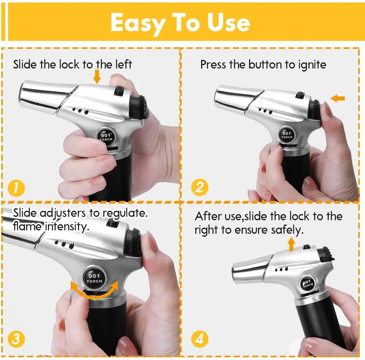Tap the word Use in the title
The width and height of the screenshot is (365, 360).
tap(228, 23)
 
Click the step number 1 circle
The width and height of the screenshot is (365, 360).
tap(16, 188)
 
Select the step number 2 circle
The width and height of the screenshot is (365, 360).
tap(200, 187)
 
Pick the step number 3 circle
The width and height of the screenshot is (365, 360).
tap(16, 339)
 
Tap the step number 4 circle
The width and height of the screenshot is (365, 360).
tap(200, 339)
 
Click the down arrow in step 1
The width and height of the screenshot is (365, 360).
tap(97, 76)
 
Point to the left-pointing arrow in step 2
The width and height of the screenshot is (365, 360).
tap(338, 98)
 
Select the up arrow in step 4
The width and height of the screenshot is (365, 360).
tap(291, 244)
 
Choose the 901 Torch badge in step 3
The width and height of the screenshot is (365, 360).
tap(94, 278)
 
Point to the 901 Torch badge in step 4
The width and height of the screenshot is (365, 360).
tap(308, 284)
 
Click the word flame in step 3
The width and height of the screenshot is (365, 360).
tap(27, 226)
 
